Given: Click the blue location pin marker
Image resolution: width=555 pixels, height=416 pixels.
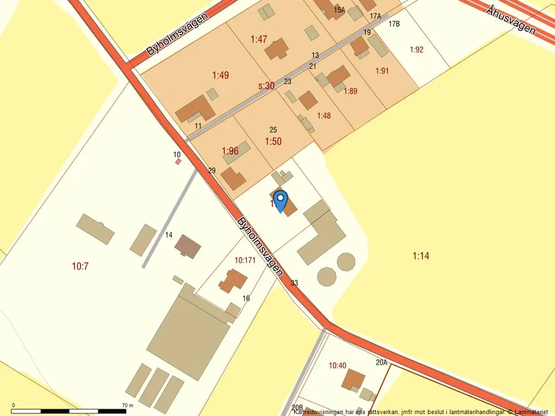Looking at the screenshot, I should click(281, 201).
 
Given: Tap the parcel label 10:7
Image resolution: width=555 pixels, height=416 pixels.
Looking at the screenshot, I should click(80, 266).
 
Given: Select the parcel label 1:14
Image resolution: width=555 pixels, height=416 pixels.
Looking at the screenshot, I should click(420, 255).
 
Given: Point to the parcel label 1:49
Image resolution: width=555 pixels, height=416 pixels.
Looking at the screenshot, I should click(221, 75).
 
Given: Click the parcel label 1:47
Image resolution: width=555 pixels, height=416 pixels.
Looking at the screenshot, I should click(259, 40).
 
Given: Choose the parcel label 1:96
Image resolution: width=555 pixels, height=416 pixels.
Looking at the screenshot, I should click(230, 151).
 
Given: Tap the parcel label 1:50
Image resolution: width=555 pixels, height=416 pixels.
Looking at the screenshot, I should click(273, 142).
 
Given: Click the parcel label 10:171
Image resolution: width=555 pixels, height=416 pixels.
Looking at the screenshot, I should click(246, 259).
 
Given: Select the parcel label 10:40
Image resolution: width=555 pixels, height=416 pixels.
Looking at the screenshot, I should click(338, 366).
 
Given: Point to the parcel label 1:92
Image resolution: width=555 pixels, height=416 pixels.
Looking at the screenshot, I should click(417, 49).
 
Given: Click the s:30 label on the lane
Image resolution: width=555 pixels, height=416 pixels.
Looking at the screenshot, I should click(266, 86).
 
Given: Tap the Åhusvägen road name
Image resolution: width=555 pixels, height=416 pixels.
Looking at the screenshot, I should click(512, 19).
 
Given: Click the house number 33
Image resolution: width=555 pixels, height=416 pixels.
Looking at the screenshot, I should click(294, 283).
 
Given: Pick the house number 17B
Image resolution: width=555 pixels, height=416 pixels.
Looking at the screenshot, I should click(394, 24).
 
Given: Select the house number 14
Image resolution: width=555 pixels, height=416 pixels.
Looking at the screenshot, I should click(169, 235).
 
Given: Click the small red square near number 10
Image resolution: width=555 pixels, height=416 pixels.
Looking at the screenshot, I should click(178, 161).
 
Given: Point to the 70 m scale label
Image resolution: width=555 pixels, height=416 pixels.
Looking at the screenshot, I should click(128, 405).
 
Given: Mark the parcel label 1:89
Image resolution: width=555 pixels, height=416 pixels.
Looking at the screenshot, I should click(350, 91).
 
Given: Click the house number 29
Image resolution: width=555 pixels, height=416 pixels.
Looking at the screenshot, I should click(211, 171).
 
